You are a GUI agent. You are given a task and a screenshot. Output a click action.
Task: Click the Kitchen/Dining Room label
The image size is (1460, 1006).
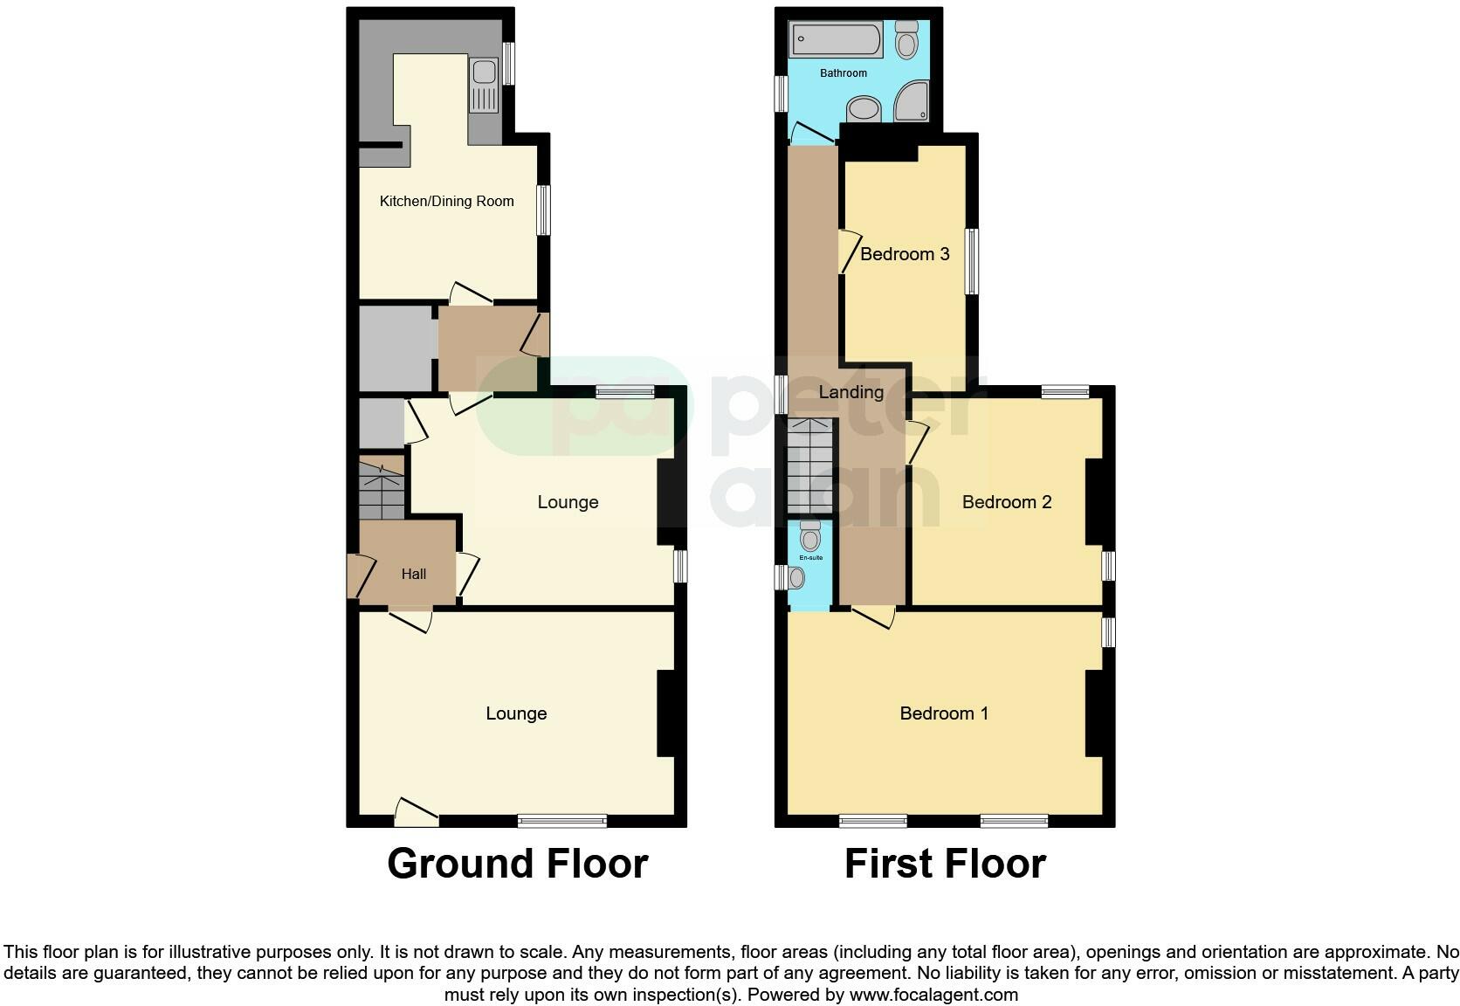[446, 201]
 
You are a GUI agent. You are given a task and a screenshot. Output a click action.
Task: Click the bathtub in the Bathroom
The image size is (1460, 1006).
[836, 40]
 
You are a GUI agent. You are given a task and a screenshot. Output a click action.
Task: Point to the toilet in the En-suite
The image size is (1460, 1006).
[809, 536]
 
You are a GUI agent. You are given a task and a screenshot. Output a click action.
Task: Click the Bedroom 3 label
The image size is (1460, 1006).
[905, 254]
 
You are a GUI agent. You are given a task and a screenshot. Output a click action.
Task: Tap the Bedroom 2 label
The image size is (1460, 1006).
[1006, 502]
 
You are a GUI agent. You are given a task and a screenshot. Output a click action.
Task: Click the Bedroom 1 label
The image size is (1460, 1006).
[944, 713]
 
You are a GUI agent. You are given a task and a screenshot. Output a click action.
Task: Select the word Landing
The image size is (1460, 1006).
[851, 392]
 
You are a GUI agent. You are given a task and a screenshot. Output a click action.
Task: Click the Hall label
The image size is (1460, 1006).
[414, 574]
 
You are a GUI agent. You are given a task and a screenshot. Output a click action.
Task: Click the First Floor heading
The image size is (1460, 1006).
[945, 864]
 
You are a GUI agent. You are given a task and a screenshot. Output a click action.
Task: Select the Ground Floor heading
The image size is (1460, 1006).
[517, 864]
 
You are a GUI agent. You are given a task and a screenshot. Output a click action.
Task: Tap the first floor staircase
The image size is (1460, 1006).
[812, 466]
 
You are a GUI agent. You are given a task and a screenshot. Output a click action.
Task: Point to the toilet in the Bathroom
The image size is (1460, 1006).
[906, 40]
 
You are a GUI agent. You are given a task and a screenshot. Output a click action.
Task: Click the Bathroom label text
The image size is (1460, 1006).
[843, 73]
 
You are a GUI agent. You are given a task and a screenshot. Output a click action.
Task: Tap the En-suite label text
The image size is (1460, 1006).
[810, 557]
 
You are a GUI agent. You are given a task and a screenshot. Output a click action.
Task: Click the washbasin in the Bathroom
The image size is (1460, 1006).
[864, 109]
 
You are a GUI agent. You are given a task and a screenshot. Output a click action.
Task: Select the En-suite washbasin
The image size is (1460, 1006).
[795, 577]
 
